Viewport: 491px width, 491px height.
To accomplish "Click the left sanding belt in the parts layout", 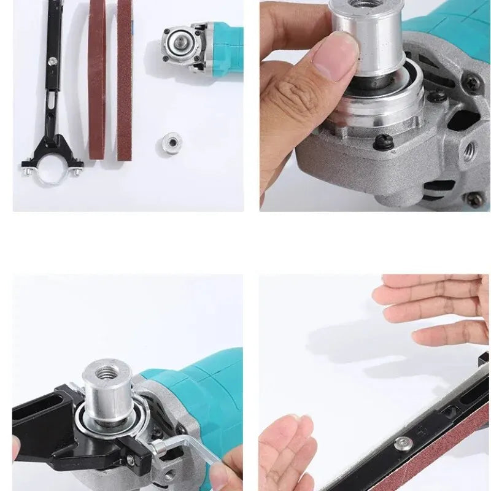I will tap(96, 80).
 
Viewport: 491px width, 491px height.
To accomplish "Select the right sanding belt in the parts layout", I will tap(125, 80).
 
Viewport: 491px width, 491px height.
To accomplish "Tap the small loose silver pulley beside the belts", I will tap(171, 144).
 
